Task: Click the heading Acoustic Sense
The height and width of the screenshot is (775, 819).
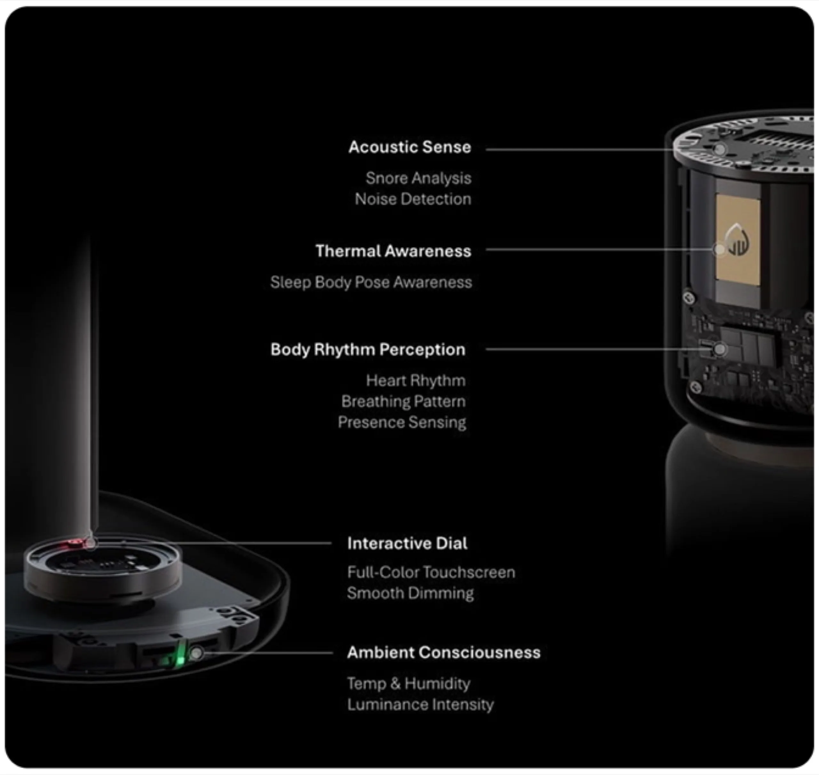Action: pos(409,147)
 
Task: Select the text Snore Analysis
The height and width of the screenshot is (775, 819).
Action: pos(418,178)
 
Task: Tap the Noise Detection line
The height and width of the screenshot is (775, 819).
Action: pos(413,199)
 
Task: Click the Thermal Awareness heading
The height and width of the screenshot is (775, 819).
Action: pos(393,251)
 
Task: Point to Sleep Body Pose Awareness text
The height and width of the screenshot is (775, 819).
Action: pos(371,282)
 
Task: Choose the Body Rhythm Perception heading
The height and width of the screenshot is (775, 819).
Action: pos(368,350)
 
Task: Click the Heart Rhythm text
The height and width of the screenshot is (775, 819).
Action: pos(416,381)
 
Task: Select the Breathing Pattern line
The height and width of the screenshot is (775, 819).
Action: pos(403,401)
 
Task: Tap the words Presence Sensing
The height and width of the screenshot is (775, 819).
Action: pos(402,422)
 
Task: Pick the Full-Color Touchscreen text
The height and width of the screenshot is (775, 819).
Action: pos(431,572)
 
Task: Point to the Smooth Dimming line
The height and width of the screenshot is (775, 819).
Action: pos(410,593)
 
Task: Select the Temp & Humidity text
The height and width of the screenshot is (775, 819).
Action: pos(409,683)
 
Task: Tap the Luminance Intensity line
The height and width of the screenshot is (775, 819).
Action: pos(420,704)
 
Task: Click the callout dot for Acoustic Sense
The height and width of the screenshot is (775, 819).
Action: pos(720,149)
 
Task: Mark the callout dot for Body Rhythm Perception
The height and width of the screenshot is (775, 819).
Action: pos(720,350)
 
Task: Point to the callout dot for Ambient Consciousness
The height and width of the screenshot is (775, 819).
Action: pos(197,653)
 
